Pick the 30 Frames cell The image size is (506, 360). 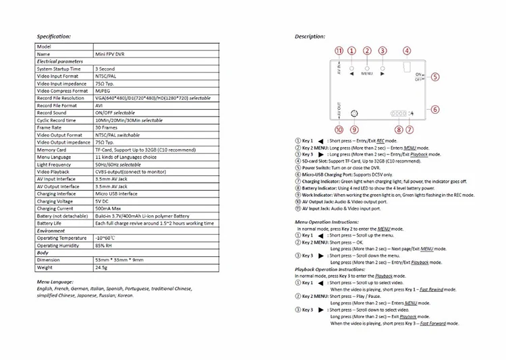tap(106, 127)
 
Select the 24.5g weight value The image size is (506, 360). tap(103, 267)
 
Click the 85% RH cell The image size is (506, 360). tap(105, 245)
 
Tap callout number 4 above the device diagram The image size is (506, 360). tap(407, 51)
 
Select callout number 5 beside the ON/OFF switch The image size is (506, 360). tap(435, 76)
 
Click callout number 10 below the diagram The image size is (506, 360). tap(339, 129)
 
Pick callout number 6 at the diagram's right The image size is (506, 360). tap(435, 109)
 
